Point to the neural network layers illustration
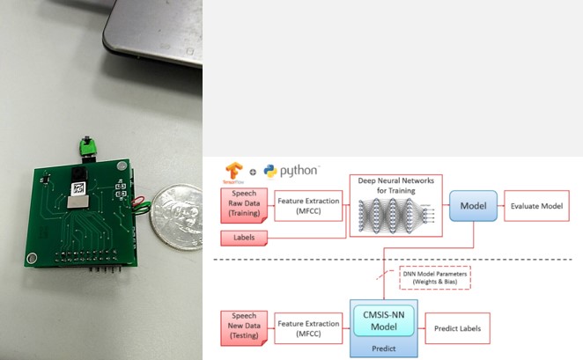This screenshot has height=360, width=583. [x=392, y=217]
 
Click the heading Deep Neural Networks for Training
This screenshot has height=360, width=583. [x=392, y=186]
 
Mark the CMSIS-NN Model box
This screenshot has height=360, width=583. [x=381, y=323]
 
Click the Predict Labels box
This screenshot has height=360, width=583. [x=457, y=327]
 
